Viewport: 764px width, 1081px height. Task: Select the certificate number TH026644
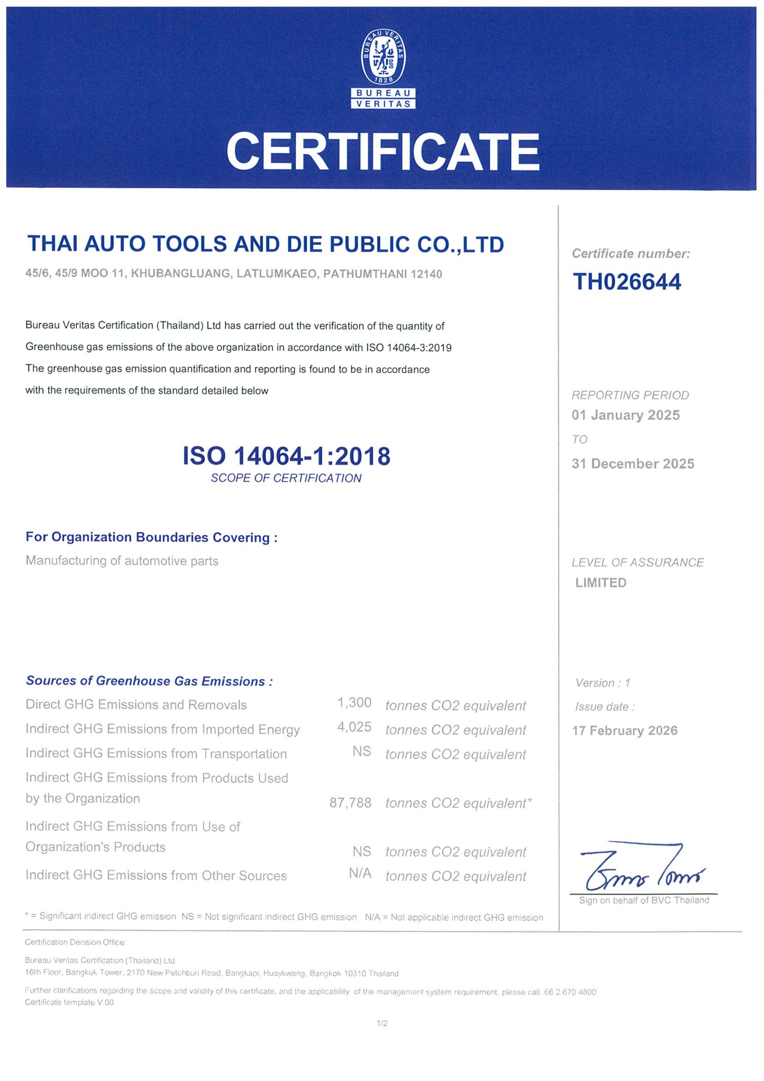tap(626, 281)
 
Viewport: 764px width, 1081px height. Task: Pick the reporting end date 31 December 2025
tap(633, 464)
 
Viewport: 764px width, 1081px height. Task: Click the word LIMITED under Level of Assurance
tap(601, 583)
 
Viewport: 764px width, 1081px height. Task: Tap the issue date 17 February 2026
tap(625, 730)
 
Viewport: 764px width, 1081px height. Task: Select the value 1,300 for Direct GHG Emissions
tap(354, 703)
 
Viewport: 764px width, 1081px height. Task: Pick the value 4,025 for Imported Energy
tap(354, 727)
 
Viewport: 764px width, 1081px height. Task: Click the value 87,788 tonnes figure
tap(350, 802)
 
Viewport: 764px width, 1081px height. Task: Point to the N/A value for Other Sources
tap(360, 873)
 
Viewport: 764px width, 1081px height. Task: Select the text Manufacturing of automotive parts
tap(122, 561)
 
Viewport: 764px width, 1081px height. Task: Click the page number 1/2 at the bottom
tap(382, 1023)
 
